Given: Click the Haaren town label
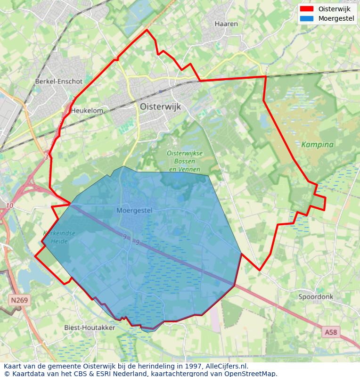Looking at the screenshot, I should [x=226, y=24].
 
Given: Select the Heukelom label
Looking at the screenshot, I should [x=87, y=110].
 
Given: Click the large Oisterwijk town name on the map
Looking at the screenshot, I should [x=160, y=107].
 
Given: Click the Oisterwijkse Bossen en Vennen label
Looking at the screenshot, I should [x=185, y=161].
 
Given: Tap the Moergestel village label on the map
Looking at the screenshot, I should [x=134, y=211].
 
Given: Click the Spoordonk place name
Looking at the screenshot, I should [x=316, y=297].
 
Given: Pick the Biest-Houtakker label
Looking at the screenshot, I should [x=90, y=328].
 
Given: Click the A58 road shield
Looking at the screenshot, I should [x=331, y=333].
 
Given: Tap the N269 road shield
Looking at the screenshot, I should [x=19, y=300].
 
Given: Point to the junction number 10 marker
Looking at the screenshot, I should [x=10, y=206].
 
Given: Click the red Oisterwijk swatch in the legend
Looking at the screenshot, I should [x=306, y=9].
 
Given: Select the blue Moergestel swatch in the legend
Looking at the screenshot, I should [x=306, y=19].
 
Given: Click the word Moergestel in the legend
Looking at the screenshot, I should [x=336, y=19].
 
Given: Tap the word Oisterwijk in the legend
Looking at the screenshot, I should [x=334, y=9].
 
